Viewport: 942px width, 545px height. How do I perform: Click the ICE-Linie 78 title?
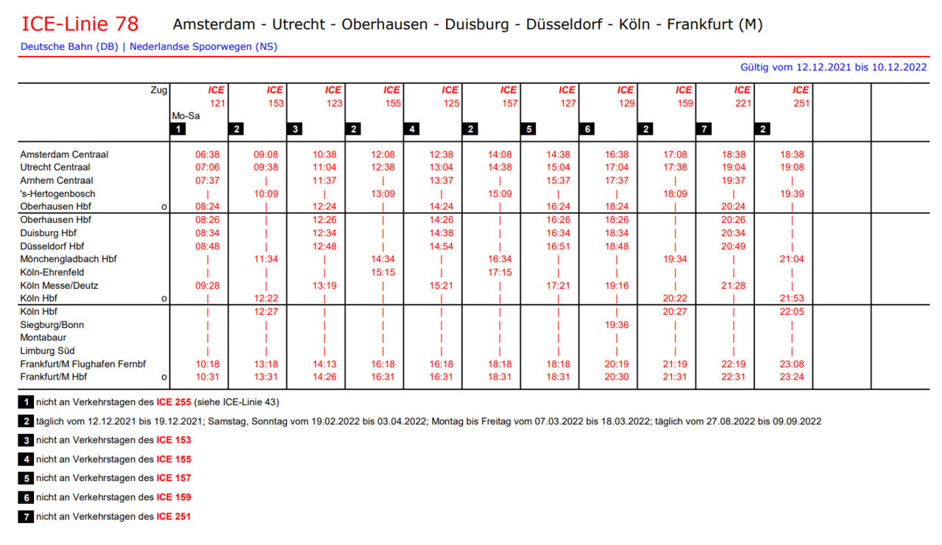click(79, 24)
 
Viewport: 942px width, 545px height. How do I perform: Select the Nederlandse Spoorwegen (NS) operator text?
click(203, 46)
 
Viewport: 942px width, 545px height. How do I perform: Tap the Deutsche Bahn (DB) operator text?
click(69, 46)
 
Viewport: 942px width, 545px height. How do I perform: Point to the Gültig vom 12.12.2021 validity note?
click(833, 67)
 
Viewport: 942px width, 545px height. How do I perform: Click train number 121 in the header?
click(217, 103)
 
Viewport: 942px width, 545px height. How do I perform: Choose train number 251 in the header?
click(801, 103)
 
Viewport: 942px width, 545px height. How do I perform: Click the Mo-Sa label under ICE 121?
click(185, 115)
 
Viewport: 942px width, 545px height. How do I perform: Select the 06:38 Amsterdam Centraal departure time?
click(208, 154)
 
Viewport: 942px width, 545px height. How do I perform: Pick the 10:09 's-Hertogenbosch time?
click(266, 193)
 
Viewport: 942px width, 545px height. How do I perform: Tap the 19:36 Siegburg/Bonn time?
click(617, 324)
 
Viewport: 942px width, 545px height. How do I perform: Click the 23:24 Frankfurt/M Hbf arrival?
click(792, 377)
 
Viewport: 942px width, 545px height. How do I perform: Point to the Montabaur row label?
click(43, 338)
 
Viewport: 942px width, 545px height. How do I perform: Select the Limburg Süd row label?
click(47, 351)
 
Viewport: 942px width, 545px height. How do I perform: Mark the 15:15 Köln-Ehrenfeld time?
click(383, 272)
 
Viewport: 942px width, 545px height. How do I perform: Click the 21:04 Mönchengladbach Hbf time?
click(792, 259)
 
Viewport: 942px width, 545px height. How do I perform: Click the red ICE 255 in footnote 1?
click(174, 402)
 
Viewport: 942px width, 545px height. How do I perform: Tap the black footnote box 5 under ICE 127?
click(528, 129)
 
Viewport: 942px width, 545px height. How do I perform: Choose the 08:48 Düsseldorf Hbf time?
click(208, 246)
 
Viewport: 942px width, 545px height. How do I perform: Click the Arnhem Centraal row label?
click(57, 180)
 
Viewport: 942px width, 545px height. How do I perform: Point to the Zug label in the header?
click(158, 90)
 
